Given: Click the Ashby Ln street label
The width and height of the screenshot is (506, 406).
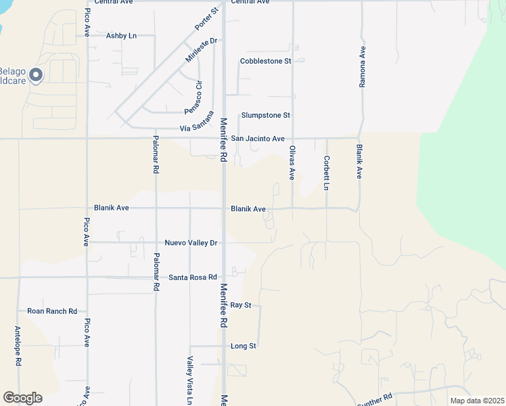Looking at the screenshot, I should pos(121,35).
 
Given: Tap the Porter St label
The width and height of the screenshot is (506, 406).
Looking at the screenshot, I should pos(207,19).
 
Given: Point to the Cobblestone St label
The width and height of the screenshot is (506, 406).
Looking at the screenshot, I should pos(265,61).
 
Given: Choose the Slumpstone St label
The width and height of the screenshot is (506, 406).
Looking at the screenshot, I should pos(266,116).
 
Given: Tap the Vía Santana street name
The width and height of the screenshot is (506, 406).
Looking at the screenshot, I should pos(196,128).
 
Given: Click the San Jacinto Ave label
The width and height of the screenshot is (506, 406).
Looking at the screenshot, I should pos(258,138).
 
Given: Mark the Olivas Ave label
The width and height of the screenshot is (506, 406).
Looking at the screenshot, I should pos(292,162).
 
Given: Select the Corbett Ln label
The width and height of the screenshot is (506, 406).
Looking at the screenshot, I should pos(326,173).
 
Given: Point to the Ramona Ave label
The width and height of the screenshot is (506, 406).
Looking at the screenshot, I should pos(363,67).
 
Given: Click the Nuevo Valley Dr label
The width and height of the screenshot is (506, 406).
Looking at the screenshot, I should pos(191,242).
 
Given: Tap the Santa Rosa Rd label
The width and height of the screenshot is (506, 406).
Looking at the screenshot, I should pos(193,277).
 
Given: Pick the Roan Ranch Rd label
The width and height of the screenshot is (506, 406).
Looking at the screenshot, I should pos(52,311).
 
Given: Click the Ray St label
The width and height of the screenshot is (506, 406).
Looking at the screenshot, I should pos(241,305).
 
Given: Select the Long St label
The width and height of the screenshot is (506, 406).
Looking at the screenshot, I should pos(244,346).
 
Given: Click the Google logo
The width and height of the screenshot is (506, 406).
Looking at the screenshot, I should pos(22,398).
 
